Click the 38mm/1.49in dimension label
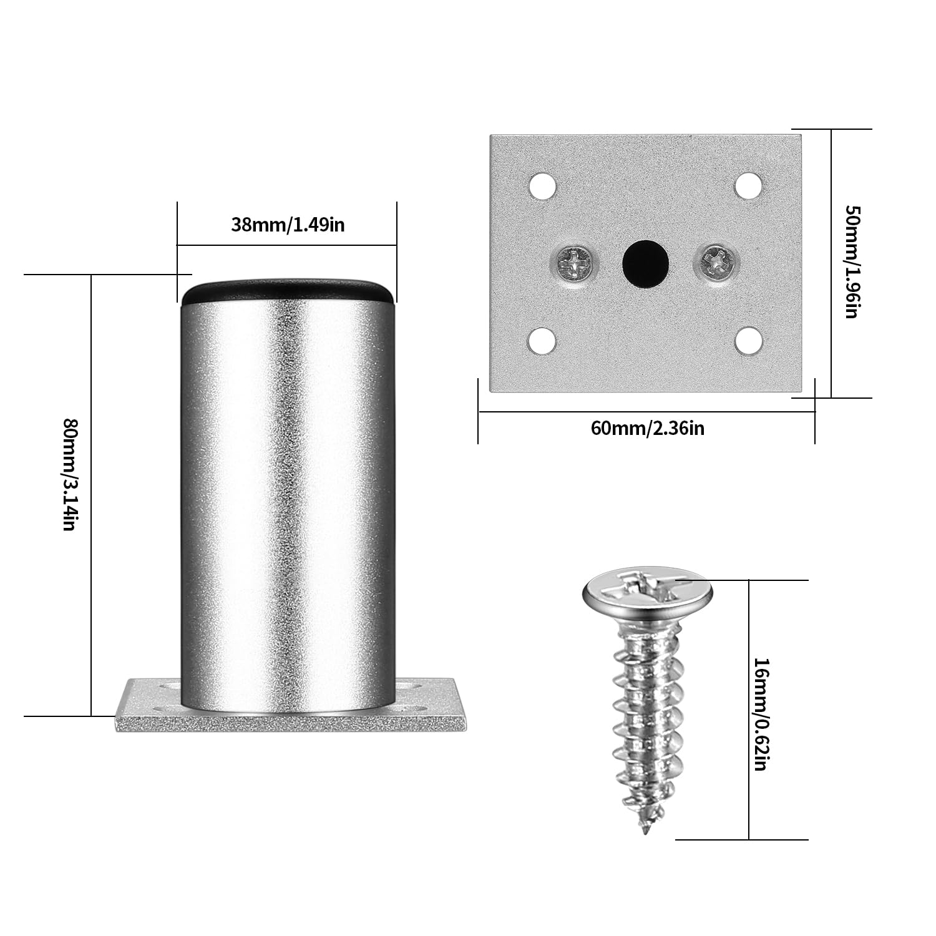click(288, 225)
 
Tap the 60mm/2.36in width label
click(647, 429)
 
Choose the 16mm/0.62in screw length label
click(760, 713)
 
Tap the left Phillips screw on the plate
click(574, 263)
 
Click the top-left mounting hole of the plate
click(542, 186)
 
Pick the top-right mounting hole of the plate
click(748, 185)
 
